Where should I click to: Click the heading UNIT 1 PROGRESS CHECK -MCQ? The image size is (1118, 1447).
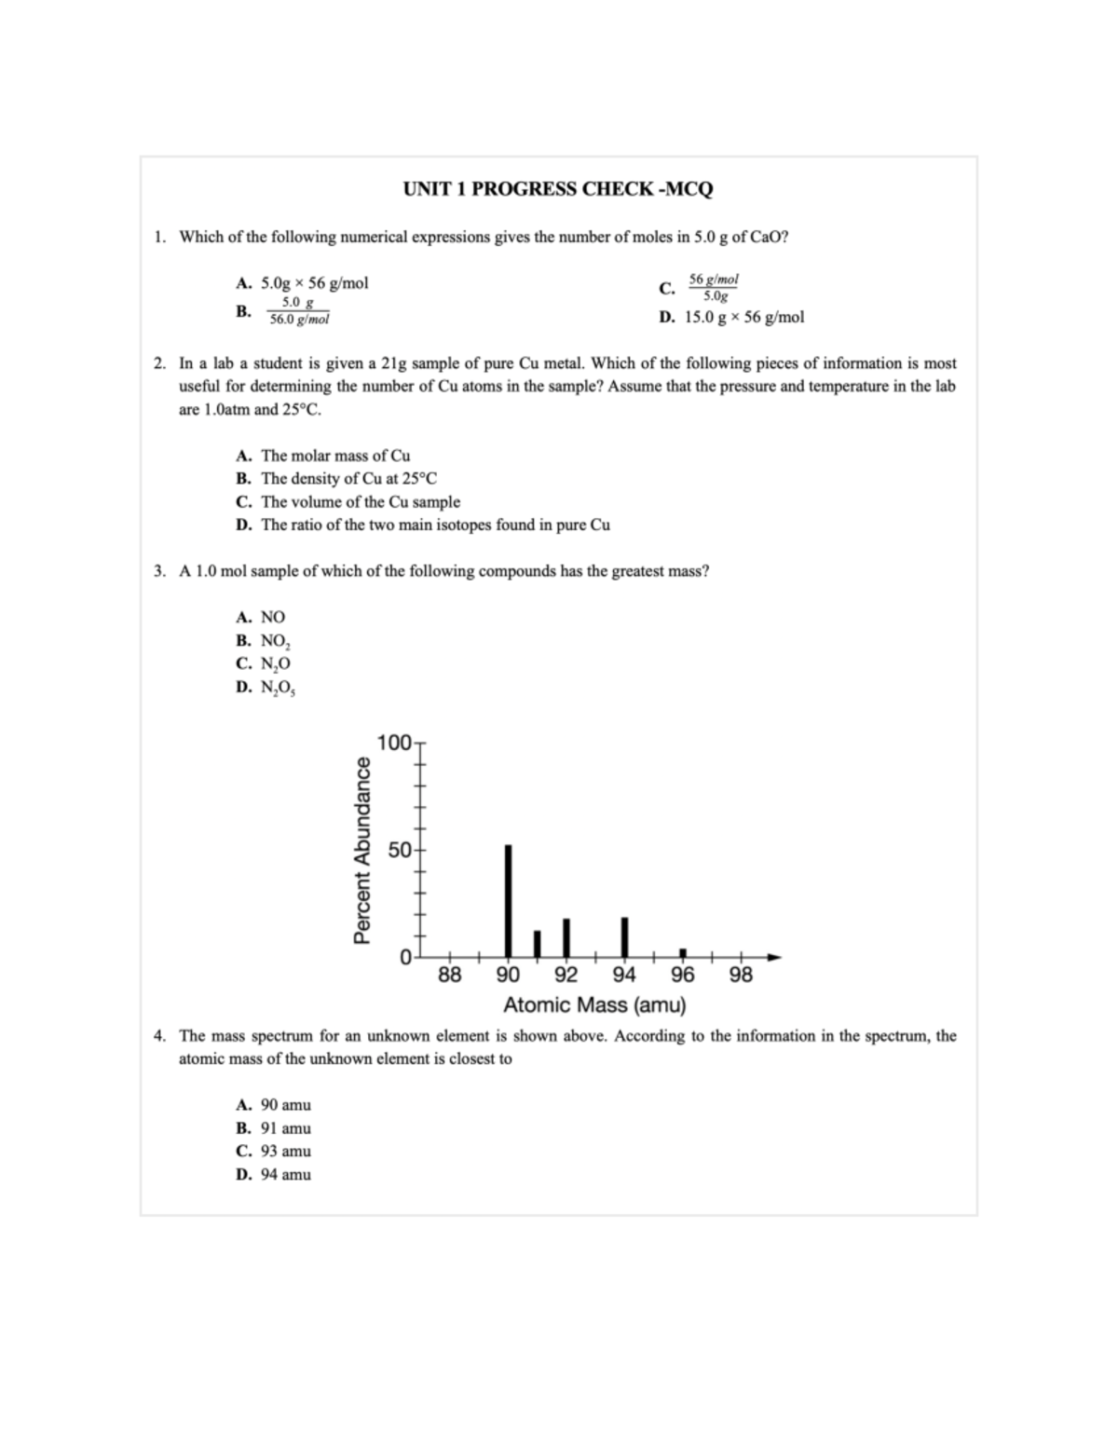pos(558,189)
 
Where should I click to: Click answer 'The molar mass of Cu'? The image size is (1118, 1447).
pos(334,456)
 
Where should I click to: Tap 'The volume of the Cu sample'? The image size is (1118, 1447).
pos(360,501)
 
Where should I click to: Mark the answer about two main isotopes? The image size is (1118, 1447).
pos(435,525)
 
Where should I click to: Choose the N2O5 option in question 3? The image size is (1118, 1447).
pos(278,688)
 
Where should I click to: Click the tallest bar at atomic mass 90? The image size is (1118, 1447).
pos(508,900)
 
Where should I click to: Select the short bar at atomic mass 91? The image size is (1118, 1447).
pos(537,943)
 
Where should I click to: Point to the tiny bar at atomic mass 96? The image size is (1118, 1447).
pos(683,952)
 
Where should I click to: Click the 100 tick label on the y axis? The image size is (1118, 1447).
pos(394,743)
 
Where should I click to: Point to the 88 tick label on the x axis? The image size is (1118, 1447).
pos(449,976)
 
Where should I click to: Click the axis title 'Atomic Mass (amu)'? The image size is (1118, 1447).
pos(594,1005)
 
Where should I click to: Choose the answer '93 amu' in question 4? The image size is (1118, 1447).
pos(285,1151)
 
